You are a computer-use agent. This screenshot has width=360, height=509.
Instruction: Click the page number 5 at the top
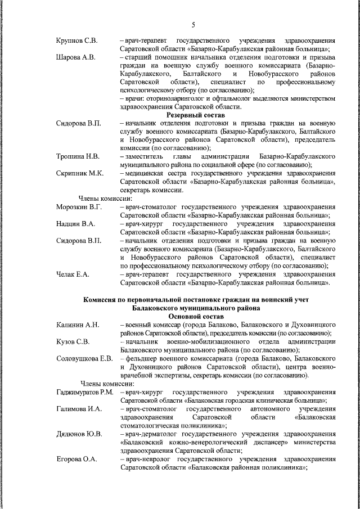(x=193, y=25)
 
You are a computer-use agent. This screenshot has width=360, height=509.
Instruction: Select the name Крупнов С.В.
(x=77, y=41)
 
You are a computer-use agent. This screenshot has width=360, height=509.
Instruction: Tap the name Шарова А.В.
(x=76, y=57)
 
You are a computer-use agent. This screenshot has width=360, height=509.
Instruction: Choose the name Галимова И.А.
(x=79, y=408)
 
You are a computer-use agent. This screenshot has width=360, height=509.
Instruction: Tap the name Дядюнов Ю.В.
(x=79, y=433)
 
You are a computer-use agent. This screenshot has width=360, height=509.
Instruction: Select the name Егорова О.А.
(x=77, y=458)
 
